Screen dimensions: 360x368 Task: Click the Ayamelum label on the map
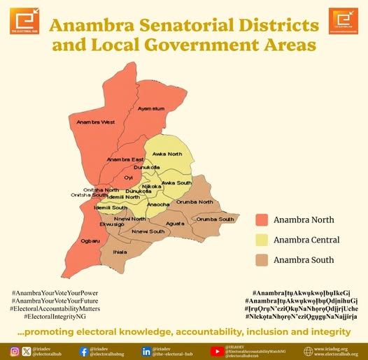151,109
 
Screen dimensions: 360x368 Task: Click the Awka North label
167,154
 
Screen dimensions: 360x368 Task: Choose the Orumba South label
215,219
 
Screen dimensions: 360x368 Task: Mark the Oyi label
128,178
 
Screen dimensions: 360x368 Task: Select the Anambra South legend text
304,260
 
